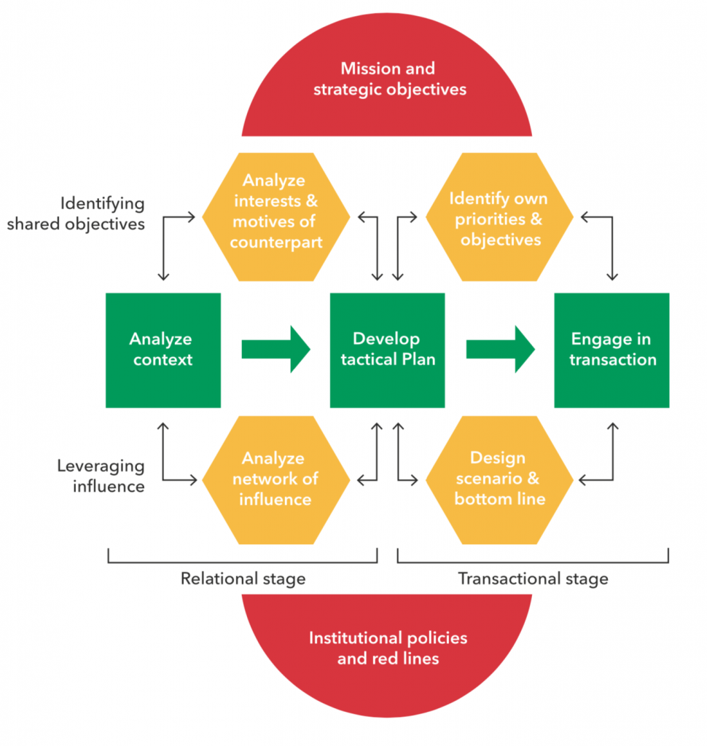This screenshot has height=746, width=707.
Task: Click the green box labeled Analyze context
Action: coord(163,350)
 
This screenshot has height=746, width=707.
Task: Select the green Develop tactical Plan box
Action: coord(387,350)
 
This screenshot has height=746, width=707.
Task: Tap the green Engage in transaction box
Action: coord(612,350)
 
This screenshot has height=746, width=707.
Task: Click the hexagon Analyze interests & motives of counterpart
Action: coord(276,217)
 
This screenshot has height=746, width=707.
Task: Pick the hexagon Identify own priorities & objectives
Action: coord(499,217)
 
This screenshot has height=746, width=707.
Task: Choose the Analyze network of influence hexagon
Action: coord(276,479)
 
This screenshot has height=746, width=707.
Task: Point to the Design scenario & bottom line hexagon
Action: coord(499,479)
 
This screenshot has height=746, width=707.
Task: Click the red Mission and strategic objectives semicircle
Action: coord(387,80)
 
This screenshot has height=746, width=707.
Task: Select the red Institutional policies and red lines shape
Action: coord(387,648)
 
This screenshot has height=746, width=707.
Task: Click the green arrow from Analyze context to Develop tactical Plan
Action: coord(276,350)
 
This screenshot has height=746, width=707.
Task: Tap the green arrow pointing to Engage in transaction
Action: coord(500,350)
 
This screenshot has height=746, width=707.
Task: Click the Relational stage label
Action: coord(243,579)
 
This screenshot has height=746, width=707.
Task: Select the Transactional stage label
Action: coord(533,579)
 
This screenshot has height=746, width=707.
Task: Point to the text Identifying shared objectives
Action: coord(77,213)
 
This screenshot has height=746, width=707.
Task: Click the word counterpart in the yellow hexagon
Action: coord(276,242)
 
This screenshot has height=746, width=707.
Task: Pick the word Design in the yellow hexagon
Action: coord(498,458)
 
